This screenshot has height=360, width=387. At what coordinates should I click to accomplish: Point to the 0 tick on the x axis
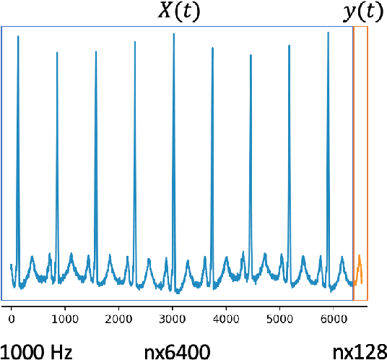(12, 317)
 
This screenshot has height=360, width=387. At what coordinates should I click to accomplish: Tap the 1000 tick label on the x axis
(65, 317)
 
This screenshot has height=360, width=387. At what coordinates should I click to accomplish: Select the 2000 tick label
(118, 317)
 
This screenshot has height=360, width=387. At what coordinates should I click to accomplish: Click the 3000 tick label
(172, 317)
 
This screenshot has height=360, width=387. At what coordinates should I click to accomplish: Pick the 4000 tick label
(225, 317)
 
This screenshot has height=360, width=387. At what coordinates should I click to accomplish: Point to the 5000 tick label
(279, 317)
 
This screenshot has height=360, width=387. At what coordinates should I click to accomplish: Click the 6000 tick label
(332, 317)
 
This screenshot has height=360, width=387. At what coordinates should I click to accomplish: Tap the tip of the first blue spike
(18, 36)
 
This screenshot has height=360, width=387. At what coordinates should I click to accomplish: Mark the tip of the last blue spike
(329, 32)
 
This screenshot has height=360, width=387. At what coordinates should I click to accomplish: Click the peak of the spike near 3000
(173, 34)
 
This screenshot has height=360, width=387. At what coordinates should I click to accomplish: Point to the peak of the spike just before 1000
(57, 52)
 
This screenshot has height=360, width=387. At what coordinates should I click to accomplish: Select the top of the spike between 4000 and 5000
(251, 54)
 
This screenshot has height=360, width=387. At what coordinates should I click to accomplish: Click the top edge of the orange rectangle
(360, 27)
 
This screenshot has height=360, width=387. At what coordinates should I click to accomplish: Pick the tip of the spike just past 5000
(290, 46)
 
